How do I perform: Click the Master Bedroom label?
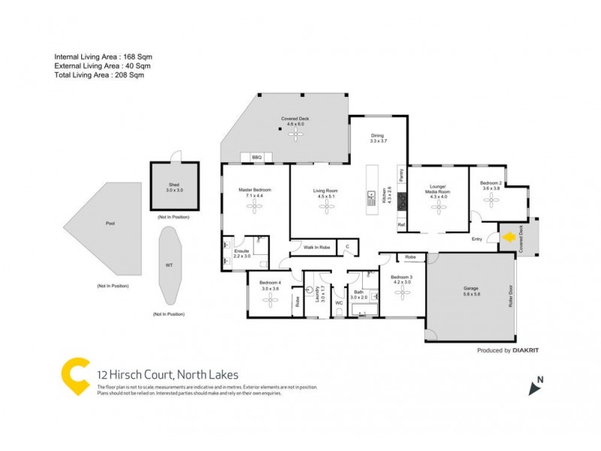click(x=255, y=189)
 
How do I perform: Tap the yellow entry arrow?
click(x=508, y=238)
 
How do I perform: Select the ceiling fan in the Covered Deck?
click(x=294, y=134)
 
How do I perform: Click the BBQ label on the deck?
click(x=256, y=157)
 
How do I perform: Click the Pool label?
click(x=110, y=223)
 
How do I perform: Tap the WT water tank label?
click(x=169, y=265)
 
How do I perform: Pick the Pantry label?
click(x=402, y=176)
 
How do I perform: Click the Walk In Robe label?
click(x=316, y=247)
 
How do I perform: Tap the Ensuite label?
click(x=241, y=251)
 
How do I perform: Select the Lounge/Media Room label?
click(x=437, y=189)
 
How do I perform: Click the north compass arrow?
click(x=535, y=387)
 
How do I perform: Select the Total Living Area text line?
click(x=98, y=75)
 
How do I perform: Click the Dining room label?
click(x=377, y=138)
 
